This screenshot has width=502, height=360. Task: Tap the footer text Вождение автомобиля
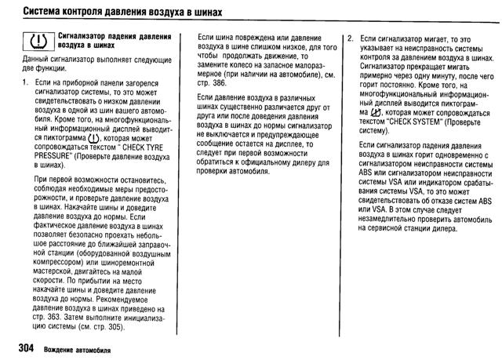[77, 348]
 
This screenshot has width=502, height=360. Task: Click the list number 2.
[350, 37]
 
